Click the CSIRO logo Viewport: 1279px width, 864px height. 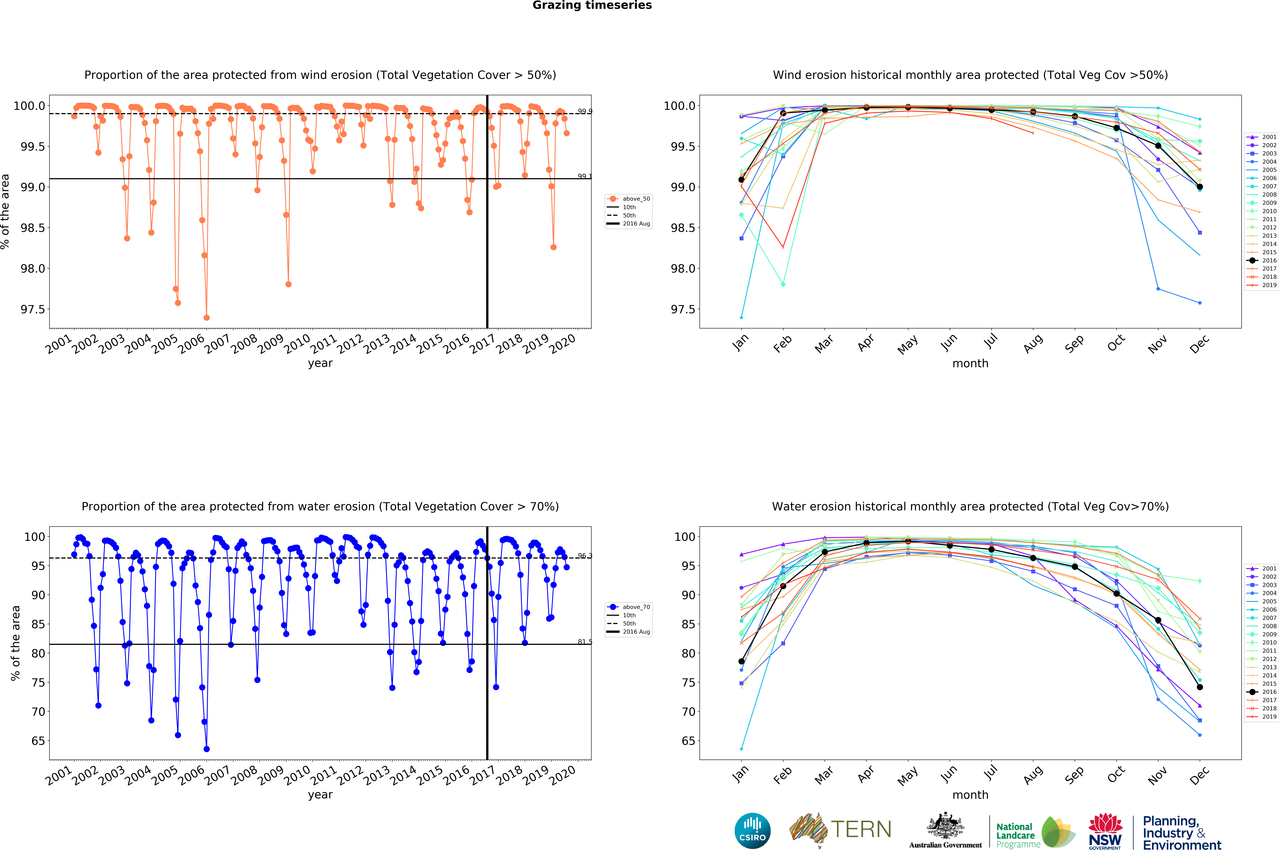pos(752,831)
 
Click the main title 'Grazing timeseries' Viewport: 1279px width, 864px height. pos(592,6)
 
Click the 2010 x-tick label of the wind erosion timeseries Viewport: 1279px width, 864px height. pos(297,345)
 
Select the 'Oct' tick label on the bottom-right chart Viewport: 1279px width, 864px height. pos(1116,775)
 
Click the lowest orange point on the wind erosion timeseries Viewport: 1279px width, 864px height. pos(206,317)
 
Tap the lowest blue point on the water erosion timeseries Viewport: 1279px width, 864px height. pos(206,749)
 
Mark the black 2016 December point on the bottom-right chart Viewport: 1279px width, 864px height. pos(1200,687)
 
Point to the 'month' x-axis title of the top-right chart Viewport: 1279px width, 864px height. pos(970,363)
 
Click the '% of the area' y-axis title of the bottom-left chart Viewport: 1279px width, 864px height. pos(15,643)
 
